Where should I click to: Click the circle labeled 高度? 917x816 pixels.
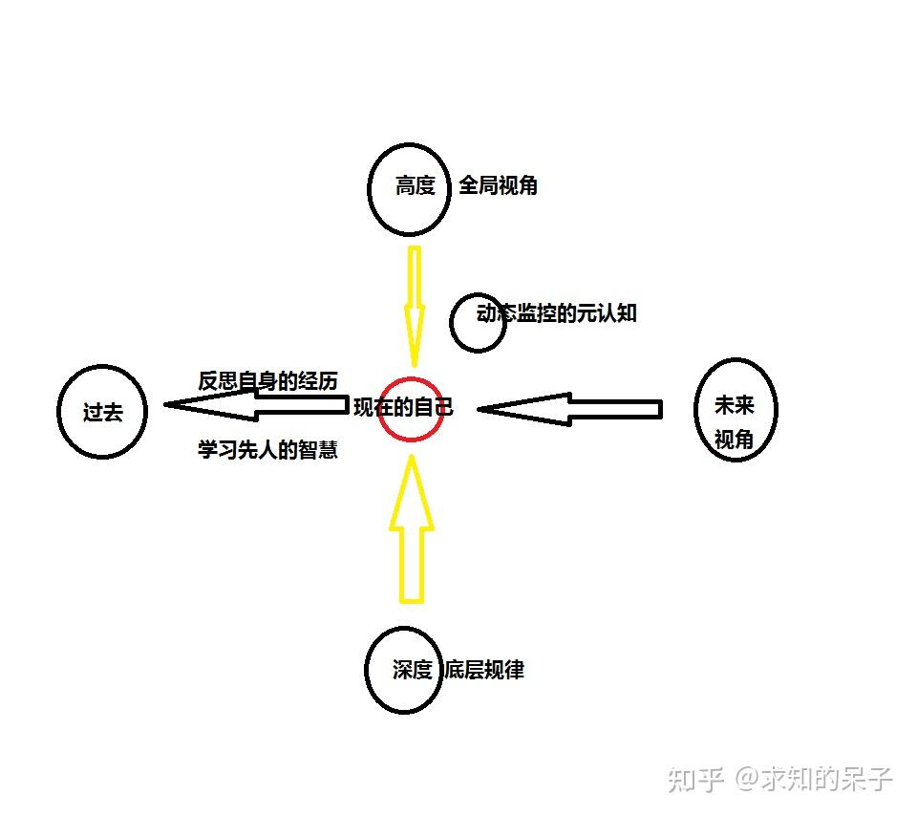tap(409, 188)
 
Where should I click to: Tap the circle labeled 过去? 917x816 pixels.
tap(102, 412)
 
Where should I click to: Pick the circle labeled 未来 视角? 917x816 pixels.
tap(735, 410)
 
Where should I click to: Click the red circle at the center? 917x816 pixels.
tap(411, 409)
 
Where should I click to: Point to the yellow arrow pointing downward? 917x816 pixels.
tap(414, 306)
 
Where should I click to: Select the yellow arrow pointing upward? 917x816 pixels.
tap(412, 531)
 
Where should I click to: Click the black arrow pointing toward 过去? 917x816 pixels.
tap(256, 404)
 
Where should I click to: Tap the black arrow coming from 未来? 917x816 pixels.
tap(569, 409)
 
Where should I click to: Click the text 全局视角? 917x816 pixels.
tap(498, 185)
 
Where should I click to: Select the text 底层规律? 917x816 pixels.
tap(483, 670)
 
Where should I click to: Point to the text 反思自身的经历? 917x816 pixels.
tap(268, 380)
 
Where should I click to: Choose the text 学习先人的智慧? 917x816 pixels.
tap(267, 449)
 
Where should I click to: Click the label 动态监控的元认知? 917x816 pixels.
tap(557, 313)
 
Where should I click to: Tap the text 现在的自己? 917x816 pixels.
tap(403, 408)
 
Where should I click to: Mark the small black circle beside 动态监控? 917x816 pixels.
tap(478, 323)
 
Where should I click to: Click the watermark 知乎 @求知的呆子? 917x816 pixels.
tap(779, 779)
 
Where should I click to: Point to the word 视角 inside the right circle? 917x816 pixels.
tap(735, 439)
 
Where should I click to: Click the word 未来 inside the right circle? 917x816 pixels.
tap(735, 405)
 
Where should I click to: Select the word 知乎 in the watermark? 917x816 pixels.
tap(695, 779)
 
